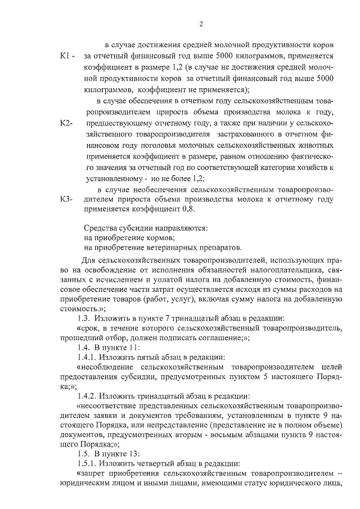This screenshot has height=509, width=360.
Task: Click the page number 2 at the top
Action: (200, 23)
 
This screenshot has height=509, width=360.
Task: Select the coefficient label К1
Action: (66, 57)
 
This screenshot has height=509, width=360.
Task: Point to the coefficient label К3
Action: (66, 199)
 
